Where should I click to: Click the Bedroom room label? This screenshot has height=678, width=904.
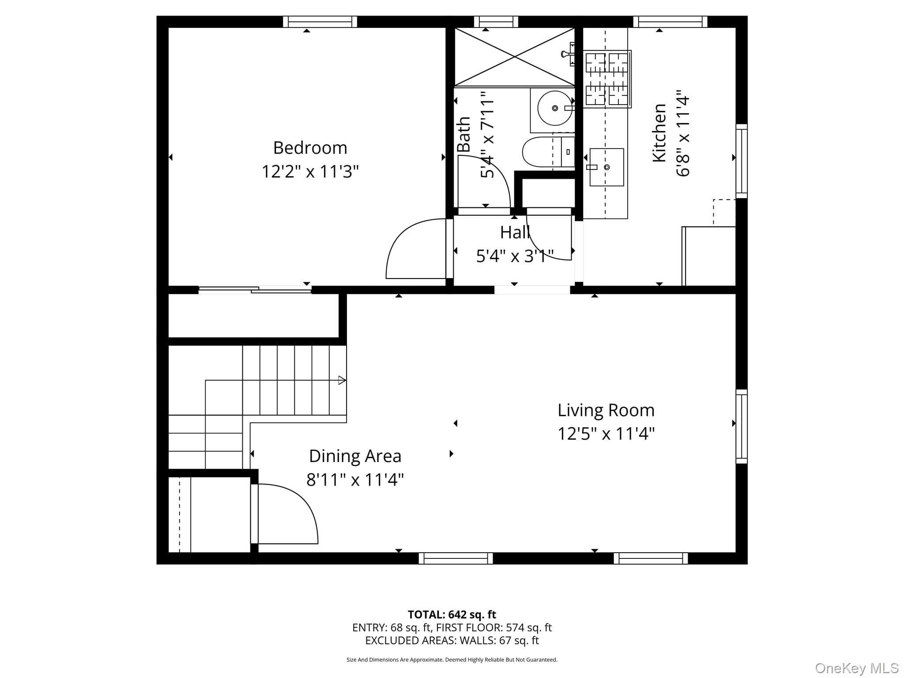[310, 148]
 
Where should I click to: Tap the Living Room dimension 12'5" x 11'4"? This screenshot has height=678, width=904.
[606, 433]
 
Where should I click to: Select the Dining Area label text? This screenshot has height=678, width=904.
[355, 456]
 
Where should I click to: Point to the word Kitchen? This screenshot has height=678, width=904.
[659, 133]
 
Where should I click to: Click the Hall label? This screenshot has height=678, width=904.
[515, 233]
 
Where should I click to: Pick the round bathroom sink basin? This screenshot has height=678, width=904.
[555, 108]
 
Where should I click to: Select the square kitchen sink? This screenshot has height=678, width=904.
[606, 167]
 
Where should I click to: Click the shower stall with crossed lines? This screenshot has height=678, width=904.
[515, 57]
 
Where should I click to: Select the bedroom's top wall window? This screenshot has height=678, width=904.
[320, 22]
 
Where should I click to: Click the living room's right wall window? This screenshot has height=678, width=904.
[742, 426]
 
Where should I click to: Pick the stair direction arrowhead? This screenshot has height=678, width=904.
[342, 380]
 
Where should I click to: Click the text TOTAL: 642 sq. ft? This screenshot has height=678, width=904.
[452, 614]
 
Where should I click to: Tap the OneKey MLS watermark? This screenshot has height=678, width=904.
[857, 668]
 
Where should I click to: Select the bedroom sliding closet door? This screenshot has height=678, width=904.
[255, 290]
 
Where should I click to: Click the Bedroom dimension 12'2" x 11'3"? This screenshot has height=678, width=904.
[310, 171]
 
